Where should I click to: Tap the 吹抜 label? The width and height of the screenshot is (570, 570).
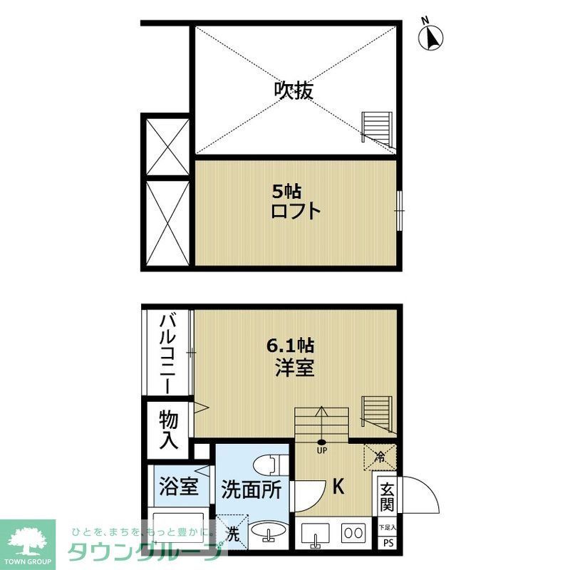point(294,90)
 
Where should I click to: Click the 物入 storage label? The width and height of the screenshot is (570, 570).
point(168,429)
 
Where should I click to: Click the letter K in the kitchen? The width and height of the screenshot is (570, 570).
point(338,487)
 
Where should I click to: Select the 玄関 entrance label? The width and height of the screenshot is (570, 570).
point(387,497)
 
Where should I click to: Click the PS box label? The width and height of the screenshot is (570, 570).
point(388,543)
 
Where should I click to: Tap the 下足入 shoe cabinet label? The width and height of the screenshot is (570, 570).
point(388,527)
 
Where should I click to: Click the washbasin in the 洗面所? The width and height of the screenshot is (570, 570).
point(271,533)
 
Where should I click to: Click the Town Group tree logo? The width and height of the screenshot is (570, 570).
point(27,539)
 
